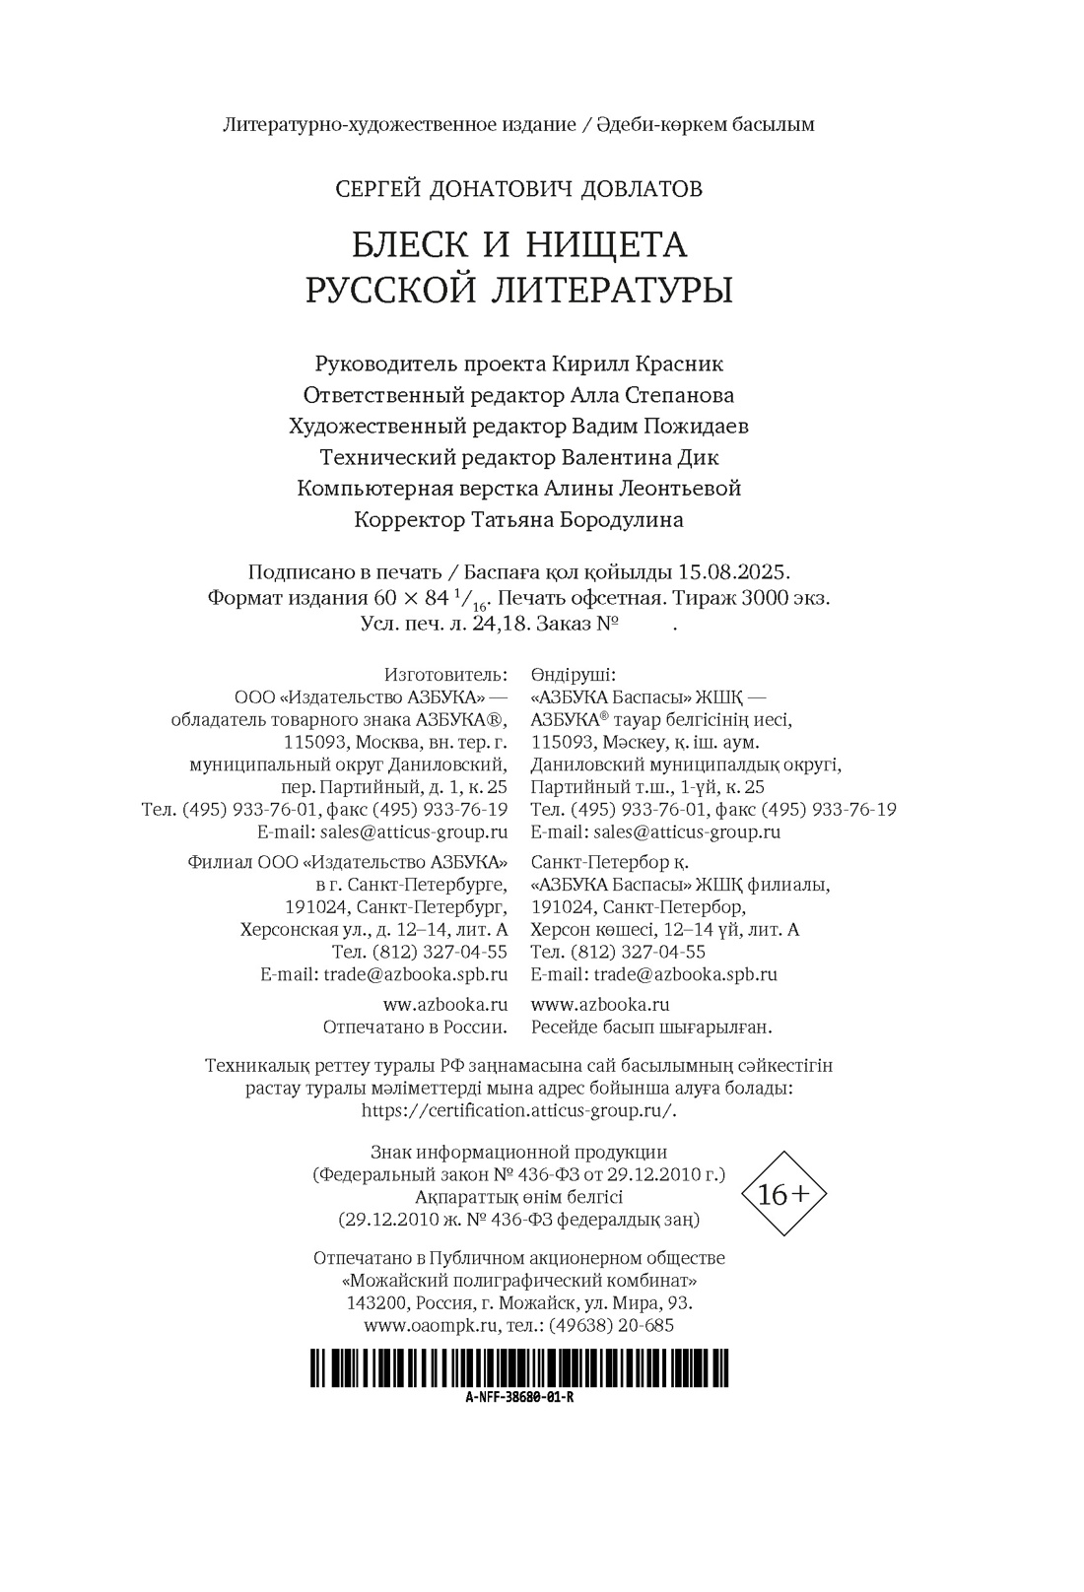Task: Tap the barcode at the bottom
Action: coord(519,1369)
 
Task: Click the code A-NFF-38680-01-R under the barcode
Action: coord(519,1400)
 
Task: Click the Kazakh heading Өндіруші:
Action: coord(573,675)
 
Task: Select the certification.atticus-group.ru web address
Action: coord(519,1109)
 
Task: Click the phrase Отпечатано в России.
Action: coord(415,1027)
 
